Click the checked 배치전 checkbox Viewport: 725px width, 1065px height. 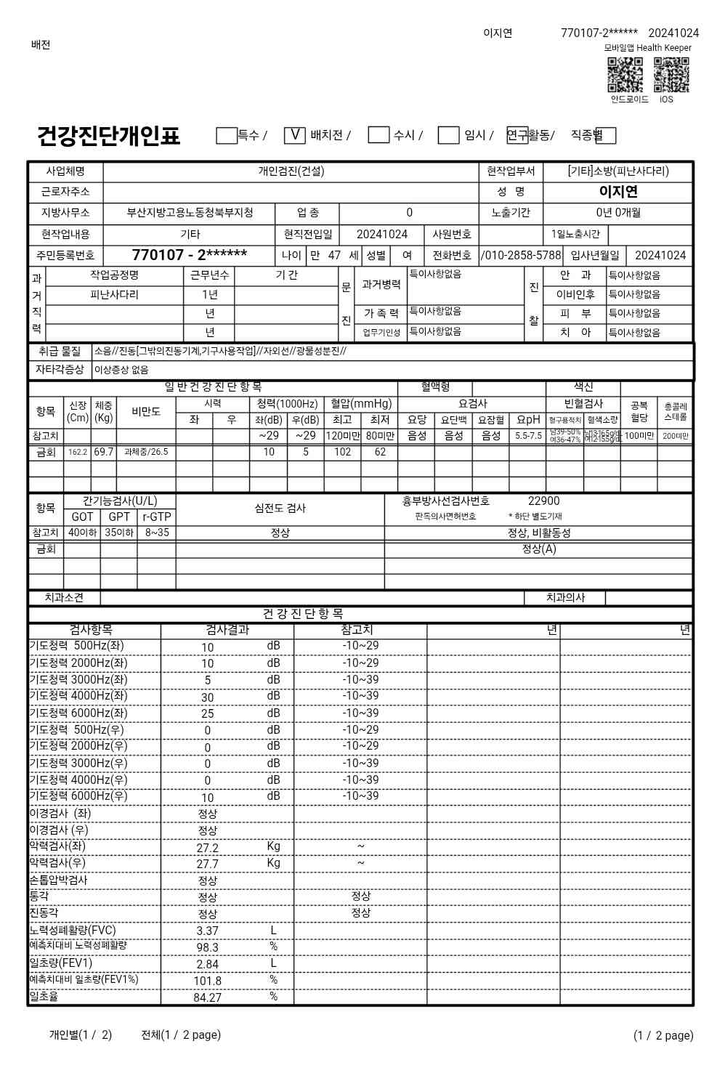(x=294, y=135)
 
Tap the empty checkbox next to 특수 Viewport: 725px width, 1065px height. (x=227, y=135)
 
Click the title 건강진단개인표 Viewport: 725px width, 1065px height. (x=108, y=136)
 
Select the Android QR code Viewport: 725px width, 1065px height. (x=625, y=76)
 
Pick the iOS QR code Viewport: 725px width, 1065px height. (x=671, y=76)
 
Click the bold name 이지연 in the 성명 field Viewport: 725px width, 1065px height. (x=618, y=192)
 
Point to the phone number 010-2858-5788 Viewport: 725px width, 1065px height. (x=522, y=256)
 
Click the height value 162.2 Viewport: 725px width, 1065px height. (x=78, y=452)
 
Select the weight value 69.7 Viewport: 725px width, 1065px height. (x=103, y=452)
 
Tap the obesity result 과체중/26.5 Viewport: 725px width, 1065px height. (x=146, y=452)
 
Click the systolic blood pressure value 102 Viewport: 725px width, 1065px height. (x=342, y=452)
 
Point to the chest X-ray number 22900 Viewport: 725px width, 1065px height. (x=543, y=501)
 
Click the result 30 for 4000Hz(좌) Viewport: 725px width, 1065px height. (x=208, y=697)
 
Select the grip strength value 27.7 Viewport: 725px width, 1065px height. (x=208, y=864)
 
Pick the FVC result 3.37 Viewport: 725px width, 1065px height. (x=208, y=931)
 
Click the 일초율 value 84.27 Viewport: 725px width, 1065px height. (x=208, y=998)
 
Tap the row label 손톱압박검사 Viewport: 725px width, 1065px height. (x=58, y=880)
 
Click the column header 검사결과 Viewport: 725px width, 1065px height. (x=227, y=631)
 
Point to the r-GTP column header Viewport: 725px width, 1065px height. (x=156, y=517)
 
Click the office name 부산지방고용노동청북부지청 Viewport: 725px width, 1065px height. (x=190, y=214)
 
